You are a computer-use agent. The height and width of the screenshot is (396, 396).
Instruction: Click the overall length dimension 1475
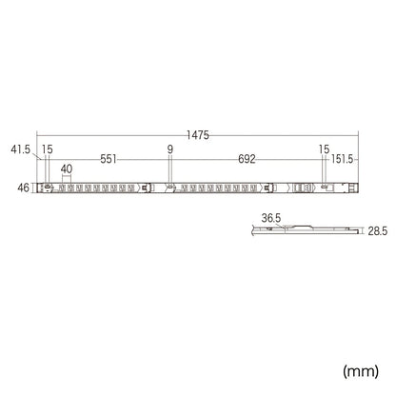[198, 135]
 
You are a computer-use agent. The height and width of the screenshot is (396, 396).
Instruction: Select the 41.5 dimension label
[21, 149]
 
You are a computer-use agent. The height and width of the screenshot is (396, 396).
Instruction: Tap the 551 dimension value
[109, 159]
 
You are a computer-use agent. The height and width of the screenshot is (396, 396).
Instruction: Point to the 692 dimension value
[247, 159]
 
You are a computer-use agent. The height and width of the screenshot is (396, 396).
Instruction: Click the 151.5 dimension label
[342, 159]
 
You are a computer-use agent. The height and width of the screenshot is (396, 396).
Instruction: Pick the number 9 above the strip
[170, 149]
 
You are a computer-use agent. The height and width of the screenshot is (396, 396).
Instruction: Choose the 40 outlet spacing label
[67, 169]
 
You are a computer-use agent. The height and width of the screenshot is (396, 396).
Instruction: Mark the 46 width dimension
[23, 188]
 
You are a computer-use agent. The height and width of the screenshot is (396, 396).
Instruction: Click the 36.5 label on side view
[271, 218]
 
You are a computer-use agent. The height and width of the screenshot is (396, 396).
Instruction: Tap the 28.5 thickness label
[378, 231]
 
